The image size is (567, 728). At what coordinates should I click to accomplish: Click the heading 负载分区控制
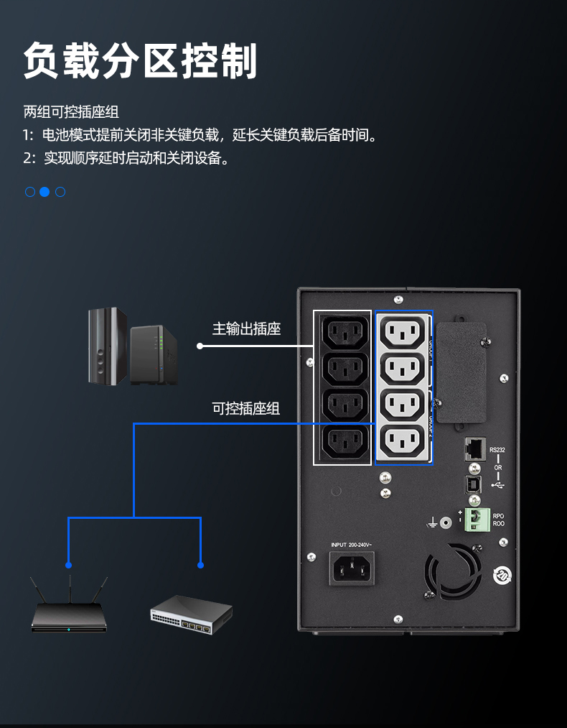click(x=141, y=60)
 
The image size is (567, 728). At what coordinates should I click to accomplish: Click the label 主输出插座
click(x=246, y=329)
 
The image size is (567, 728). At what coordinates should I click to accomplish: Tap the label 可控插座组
click(x=245, y=408)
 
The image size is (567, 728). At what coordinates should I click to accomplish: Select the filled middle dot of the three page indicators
click(x=44, y=192)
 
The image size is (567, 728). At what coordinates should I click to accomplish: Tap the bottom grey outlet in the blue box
click(x=403, y=441)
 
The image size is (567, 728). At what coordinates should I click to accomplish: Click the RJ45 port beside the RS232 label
click(x=474, y=449)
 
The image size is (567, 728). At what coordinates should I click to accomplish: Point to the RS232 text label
click(x=497, y=451)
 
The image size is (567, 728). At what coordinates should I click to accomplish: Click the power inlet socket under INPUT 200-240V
click(x=352, y=569)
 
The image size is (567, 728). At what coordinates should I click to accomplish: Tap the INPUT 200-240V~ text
click(x=352, y=545)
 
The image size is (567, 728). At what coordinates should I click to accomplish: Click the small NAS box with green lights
click(x=152, y=354)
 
